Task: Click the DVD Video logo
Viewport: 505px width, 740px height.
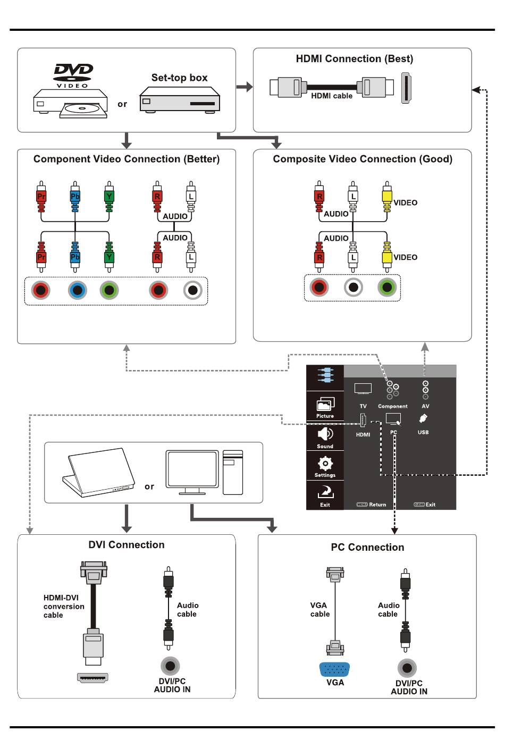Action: click(73, 75)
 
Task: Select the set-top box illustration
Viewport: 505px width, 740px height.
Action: click(180, 100)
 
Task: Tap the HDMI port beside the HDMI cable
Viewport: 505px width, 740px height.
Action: click(406, 88)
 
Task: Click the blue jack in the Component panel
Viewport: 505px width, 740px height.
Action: click(77, 290)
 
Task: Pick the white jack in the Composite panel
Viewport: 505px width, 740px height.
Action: click(353, 287)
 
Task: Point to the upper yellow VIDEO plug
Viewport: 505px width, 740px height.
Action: click(387, 197)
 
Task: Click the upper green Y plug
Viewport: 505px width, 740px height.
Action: click(109, 197)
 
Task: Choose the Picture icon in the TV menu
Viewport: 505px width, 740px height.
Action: click(325, 403)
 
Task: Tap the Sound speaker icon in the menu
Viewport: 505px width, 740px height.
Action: click(325, 434)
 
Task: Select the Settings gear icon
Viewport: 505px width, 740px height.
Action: click(325, 464)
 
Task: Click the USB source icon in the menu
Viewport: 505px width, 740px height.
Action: click(423, 418)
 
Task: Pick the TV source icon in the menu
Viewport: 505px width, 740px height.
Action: click(363, 389)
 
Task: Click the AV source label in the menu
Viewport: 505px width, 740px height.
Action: click(425, 406)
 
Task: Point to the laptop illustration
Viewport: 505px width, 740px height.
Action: click(99, 473)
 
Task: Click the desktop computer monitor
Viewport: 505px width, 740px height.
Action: click(192, 472)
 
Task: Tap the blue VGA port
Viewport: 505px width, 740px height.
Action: click(334, 670)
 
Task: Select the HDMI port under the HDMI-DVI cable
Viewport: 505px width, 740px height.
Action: click(92, 678)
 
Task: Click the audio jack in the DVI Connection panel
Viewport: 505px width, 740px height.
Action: click(170, 666)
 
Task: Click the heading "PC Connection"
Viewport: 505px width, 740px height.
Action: click(367, 548)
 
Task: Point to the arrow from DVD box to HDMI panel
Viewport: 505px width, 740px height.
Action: click(245, 87)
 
